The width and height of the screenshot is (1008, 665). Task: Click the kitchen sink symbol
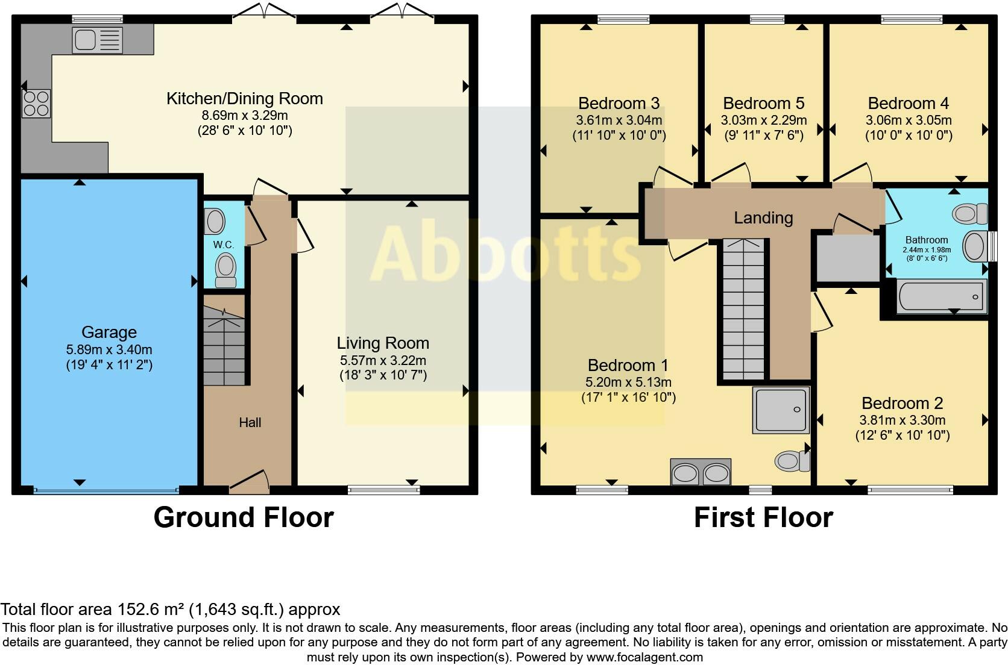coord(97,40)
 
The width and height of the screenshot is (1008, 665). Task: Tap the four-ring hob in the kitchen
coord(36,103)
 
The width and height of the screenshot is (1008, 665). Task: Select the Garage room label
coord(109,332)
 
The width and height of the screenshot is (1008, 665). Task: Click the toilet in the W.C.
coord(225,270)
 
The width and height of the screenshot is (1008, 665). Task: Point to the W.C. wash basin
coord(215,221)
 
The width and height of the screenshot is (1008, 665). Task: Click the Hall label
coord(250,422)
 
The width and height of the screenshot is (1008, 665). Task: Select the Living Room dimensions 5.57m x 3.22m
coord(383,360)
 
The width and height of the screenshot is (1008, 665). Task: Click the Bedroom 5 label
coord(763,103)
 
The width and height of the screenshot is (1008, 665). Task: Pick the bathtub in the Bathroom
coord(941,296)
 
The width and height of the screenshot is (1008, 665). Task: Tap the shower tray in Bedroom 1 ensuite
coord(780,410)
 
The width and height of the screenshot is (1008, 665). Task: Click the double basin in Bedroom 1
coord(701,472)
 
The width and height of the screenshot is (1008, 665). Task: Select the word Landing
coord(763,217)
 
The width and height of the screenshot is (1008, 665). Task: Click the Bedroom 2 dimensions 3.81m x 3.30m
coord(902,420)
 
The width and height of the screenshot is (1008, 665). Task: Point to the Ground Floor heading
coord(244,517)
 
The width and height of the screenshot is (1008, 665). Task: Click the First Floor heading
coord(763,517)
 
